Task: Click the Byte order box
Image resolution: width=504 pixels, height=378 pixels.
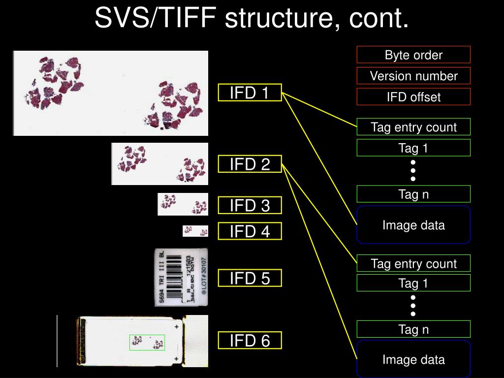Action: coord(413,55)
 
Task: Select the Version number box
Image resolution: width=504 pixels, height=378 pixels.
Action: coord(413,76)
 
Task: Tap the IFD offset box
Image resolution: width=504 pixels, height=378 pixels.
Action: coord(413,97)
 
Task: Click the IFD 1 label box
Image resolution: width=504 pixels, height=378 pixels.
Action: coord(250,93)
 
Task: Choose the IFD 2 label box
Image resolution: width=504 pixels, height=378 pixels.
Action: coord(250,164)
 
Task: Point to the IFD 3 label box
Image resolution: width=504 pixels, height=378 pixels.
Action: coord(250,205)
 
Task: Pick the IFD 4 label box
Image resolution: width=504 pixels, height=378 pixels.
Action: coord(250,231)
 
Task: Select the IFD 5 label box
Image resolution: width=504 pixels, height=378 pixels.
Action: coord(250,279)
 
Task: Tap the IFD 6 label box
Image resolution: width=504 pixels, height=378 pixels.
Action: coord(250,340)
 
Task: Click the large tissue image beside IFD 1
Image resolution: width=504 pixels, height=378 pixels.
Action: coord(111,93)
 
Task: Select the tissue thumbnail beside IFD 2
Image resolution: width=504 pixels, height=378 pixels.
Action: coord(160,164)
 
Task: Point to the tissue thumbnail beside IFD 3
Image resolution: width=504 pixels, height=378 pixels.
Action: coord(183,204)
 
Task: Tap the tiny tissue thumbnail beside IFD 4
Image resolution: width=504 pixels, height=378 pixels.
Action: coord(195,231)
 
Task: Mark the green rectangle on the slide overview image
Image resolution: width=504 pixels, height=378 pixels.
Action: coord(147,343)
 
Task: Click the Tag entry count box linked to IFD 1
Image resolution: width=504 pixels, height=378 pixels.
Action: coord(413,127)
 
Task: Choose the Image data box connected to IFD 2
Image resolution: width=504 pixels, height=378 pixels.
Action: coord(413,360)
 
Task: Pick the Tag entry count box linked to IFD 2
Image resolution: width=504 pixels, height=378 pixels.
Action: coord(413,263)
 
